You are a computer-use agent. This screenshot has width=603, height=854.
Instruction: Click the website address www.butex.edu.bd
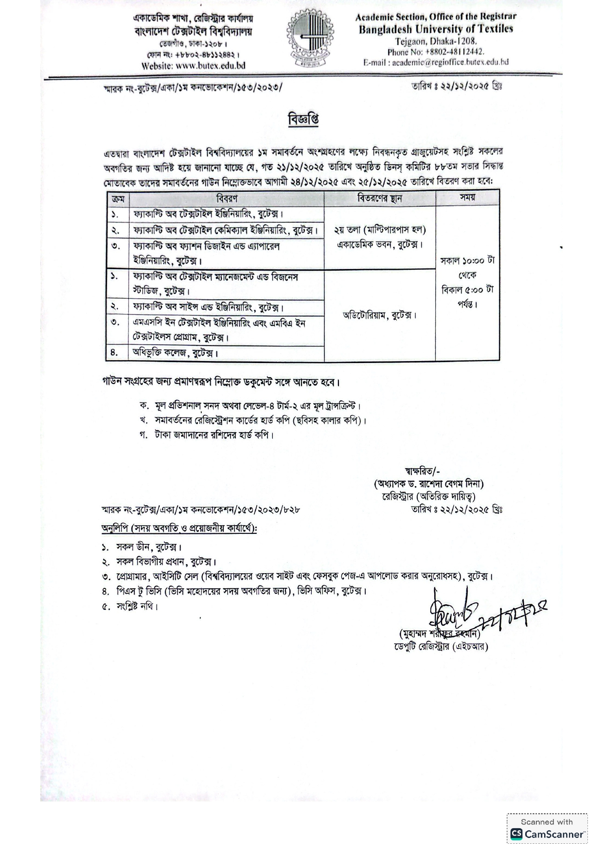pos(210,66)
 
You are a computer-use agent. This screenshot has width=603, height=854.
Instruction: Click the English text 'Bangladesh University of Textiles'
pos(436,29)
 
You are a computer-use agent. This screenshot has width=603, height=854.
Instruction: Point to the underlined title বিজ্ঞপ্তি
pos(303,119)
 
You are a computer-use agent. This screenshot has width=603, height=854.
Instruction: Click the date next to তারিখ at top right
pos(465,86)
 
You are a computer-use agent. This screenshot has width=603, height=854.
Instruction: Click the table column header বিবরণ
pos(227,199)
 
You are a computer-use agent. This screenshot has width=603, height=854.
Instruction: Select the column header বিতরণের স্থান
pos(379,199)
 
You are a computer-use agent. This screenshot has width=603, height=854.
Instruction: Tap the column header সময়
pos(467,198)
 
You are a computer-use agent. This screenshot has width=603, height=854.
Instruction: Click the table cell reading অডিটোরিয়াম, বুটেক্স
pos(379,315)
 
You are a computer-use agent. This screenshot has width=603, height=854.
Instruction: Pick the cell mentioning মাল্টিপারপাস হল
pos(380,230)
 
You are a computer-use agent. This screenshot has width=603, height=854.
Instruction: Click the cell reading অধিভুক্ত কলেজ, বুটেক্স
pos(176,353)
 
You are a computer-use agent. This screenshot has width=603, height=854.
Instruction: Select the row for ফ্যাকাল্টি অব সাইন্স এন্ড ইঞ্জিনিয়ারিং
pos(209,307)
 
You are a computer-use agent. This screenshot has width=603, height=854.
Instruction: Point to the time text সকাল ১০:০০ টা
pos(467,260)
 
